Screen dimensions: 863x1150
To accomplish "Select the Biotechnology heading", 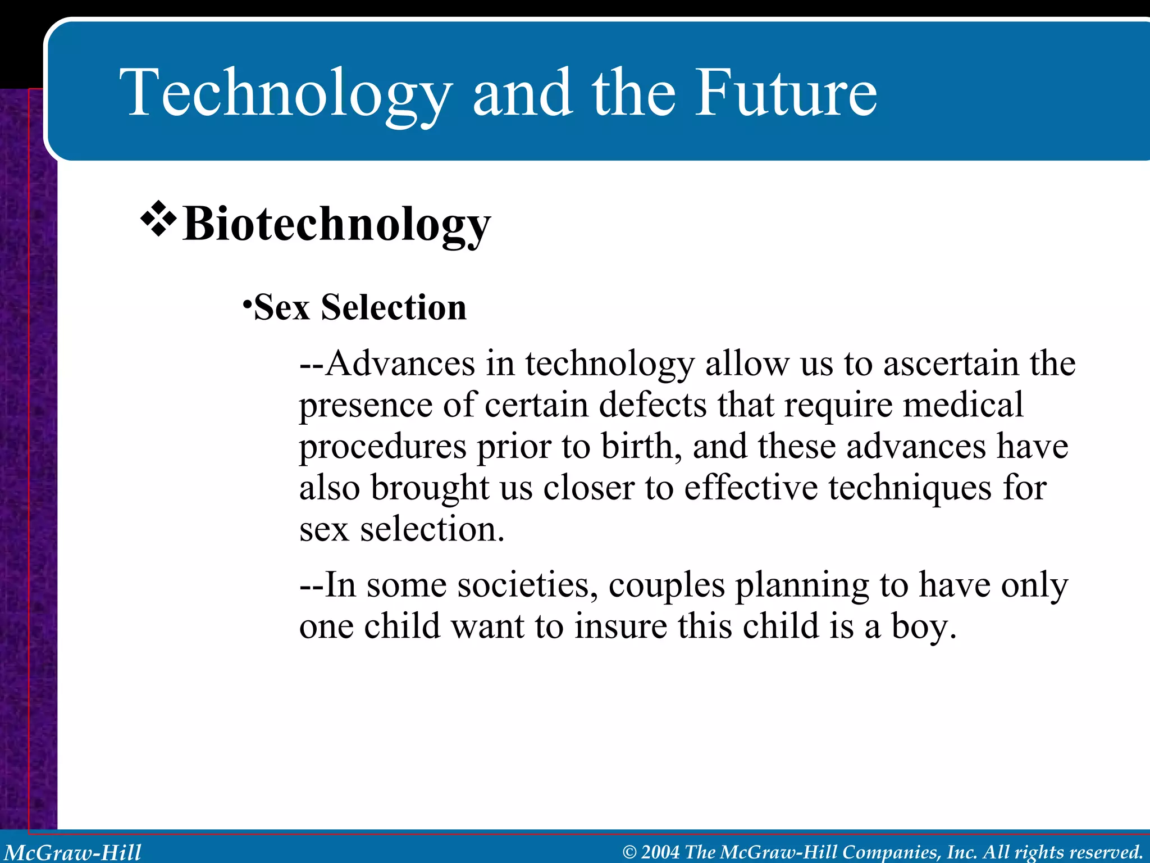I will point(336,224).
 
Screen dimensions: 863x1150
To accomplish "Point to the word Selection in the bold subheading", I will point(393,307).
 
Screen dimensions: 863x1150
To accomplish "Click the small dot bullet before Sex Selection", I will point(247,304).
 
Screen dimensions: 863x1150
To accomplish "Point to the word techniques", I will point(910,488).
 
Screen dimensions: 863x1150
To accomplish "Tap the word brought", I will point(430,488).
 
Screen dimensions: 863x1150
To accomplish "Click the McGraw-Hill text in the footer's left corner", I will point(73,852).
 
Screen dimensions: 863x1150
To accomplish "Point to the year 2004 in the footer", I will point(660,852).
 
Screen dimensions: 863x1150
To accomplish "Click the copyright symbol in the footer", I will point(629,852).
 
